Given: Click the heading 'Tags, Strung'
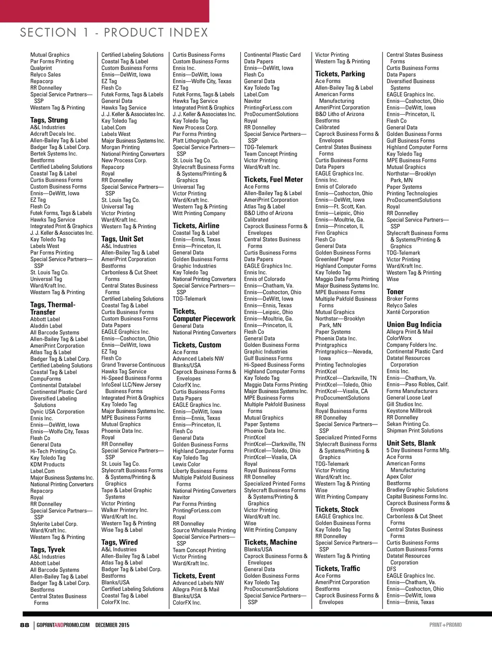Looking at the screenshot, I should pyautogui.click(x=49, y=120).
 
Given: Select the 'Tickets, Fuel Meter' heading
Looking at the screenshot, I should pyautogui.click(x=273, y=180).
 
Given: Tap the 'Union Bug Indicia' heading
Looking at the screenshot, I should pyautogui.click(x=414, y=325).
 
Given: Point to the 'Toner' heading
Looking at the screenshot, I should pyautogui.click(x=395, y=292).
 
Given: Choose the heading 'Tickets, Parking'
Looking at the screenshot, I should pyautogui.click(x=340, y=74).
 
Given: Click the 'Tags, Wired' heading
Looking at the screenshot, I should pyautogui.click(x=119, y=542).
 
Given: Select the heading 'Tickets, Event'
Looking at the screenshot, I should pyautogui.click(x=194, y=576).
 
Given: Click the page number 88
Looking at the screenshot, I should pyautogui.click(x=25, y=625).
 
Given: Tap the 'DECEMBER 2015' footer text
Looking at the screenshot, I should pyautogui.click(x=112, y=625).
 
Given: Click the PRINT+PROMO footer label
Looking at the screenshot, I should pyautogui.click(x=445, y=625).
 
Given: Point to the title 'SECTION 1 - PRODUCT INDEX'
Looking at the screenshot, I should pyautogui.click(x=114, y=33).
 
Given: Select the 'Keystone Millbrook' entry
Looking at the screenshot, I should pyautogui.click(x=409, y=411).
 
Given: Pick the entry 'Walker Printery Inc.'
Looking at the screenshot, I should pyautogui.click(x=125, y=510).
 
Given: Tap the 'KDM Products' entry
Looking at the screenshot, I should pyautogui.click(x=47, y=464).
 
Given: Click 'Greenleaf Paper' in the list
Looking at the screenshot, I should pyautogui.click(x=334, y=259).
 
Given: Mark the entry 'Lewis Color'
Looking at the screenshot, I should pyautogui.click(x=186, y=464).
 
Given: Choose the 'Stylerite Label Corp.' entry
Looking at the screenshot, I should pyautogui.click(x=54, y=524).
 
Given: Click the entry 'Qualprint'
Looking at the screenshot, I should pyautogui.click(x=41, y=68).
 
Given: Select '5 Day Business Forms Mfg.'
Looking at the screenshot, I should pyautogui.click(x=418, y=451).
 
